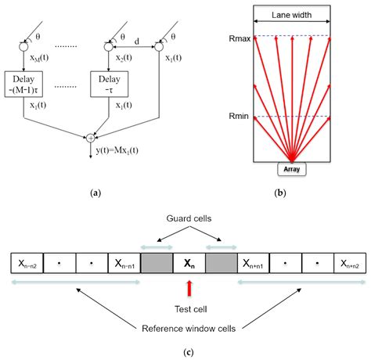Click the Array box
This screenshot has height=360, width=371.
(294, 167)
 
